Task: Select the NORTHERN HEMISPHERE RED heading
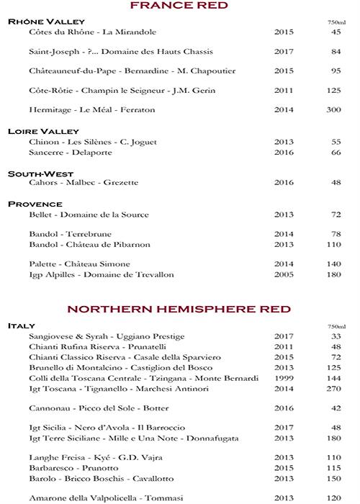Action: (179, 309)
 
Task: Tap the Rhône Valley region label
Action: (46, 22)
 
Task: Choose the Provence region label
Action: (35, 204)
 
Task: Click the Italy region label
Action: (22, 325)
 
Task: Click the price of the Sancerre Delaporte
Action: (336, 153)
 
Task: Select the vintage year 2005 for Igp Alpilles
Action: (284, 275)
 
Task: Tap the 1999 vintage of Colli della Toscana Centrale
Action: (284, 378)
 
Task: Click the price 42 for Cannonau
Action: (336, 408)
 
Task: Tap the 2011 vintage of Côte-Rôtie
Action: (284, 91)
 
